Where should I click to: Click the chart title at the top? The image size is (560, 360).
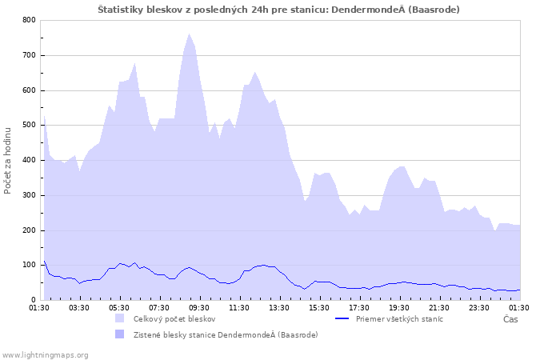click(x=278, y=9)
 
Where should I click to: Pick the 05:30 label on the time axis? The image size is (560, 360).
click(x=118, y=307)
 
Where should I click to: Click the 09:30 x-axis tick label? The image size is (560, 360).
click(x=198, y=307)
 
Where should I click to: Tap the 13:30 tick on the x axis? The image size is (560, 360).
click(x=279, y=307)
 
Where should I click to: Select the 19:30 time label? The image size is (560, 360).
click(x=399, y=307)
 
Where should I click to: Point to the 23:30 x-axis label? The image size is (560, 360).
click(x=479, y=307)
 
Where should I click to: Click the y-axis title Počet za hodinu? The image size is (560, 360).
click(x=8, y=160)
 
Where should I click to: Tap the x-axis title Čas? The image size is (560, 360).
click(x=510, y=319)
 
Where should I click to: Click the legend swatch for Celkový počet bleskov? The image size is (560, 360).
click(x=120, y=318)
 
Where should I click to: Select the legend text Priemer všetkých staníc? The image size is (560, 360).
click(x=399, y=318)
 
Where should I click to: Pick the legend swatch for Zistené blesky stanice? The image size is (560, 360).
click(x=120, y=334)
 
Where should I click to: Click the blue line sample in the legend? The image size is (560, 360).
click(x=342, y=318)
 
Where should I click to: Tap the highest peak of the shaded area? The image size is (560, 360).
click(x=190, y=34)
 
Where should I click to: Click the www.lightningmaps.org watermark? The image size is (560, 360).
click(x=45, y=354)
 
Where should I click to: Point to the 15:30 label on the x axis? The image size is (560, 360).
click(x=319, y=307)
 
